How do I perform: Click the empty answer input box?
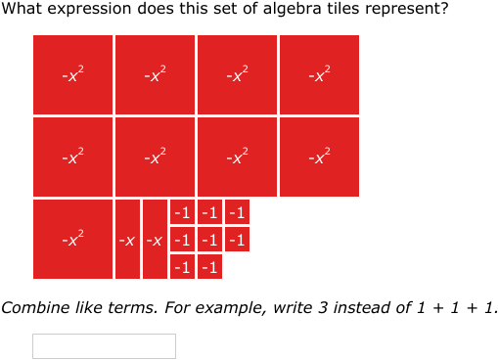pyautogui.click(x=104, y=346)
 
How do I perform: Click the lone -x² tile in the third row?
pyautogui.click(x=72, y=239)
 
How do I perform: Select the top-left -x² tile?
pyautogui.click(x=72, y=74)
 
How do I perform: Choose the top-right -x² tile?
pyautogui.click(x=319, y=74)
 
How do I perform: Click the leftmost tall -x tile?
pyautogui.click(x=127, y=239)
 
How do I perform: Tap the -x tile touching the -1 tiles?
pyautogui.click(x=155, y=239)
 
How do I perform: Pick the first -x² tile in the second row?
pyautogui.click(x=72, y=157)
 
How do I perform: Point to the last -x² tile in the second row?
pyautogui.click(x=319, y=157)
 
